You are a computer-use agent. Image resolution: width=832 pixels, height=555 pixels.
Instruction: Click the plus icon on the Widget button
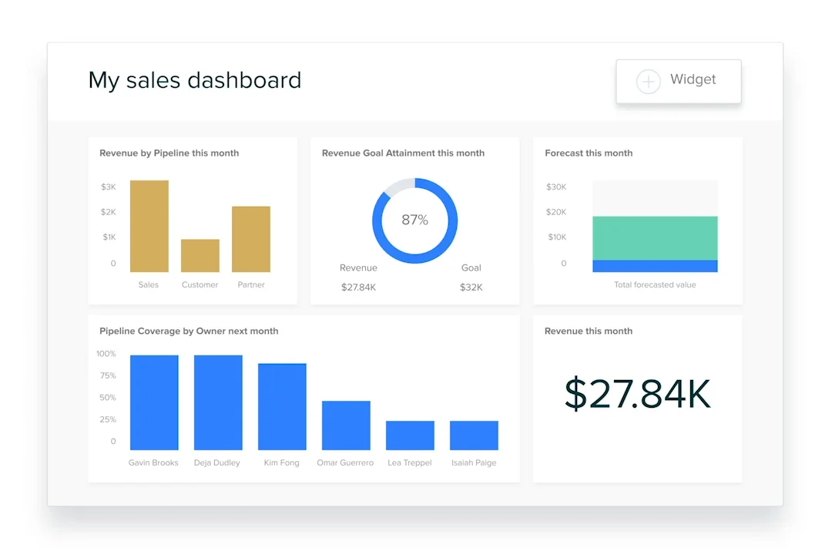648,82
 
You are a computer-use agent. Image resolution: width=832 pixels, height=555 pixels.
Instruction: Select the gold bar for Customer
200,256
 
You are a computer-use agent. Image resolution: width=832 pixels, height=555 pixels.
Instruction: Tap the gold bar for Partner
251,239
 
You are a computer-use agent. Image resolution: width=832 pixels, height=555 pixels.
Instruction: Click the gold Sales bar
149,226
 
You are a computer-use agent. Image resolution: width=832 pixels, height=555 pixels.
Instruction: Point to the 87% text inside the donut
414,220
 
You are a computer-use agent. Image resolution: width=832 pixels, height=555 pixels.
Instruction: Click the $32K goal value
471,288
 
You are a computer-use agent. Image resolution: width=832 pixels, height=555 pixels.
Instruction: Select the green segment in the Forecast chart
655,238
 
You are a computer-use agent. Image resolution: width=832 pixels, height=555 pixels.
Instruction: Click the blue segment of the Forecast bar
655,266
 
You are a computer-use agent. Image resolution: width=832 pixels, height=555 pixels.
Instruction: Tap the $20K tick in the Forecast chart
556,212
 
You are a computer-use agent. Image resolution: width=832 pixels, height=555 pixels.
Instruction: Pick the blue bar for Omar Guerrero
346,425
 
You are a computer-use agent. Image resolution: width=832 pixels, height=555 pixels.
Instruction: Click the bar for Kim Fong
282,406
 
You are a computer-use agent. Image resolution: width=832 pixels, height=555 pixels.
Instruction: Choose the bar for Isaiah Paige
474,436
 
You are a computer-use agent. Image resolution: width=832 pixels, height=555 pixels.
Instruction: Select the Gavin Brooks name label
153,463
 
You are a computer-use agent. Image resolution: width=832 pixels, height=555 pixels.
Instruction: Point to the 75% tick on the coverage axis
107,376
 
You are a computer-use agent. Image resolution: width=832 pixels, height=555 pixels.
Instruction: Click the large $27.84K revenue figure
637,394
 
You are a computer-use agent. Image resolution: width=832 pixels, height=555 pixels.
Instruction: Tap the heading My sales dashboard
195,80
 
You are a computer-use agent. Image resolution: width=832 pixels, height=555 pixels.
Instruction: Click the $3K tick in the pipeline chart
109,187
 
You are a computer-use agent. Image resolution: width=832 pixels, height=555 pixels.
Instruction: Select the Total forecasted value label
655,285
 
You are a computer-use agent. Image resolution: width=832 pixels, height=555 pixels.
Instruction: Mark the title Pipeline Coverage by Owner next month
189,331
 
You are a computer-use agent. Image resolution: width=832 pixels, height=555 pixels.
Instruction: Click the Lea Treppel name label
410,463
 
